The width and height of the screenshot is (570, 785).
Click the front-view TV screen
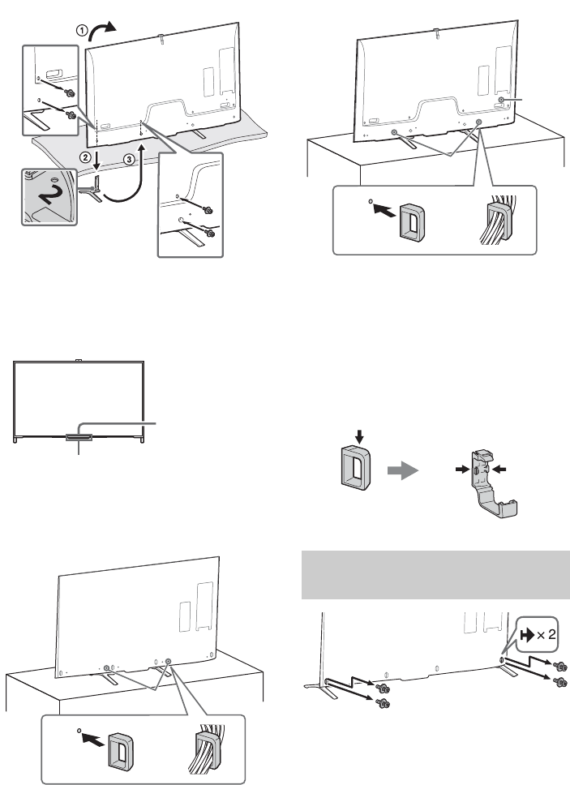tap(79, 401)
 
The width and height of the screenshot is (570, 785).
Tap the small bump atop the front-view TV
tap(79, 358)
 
